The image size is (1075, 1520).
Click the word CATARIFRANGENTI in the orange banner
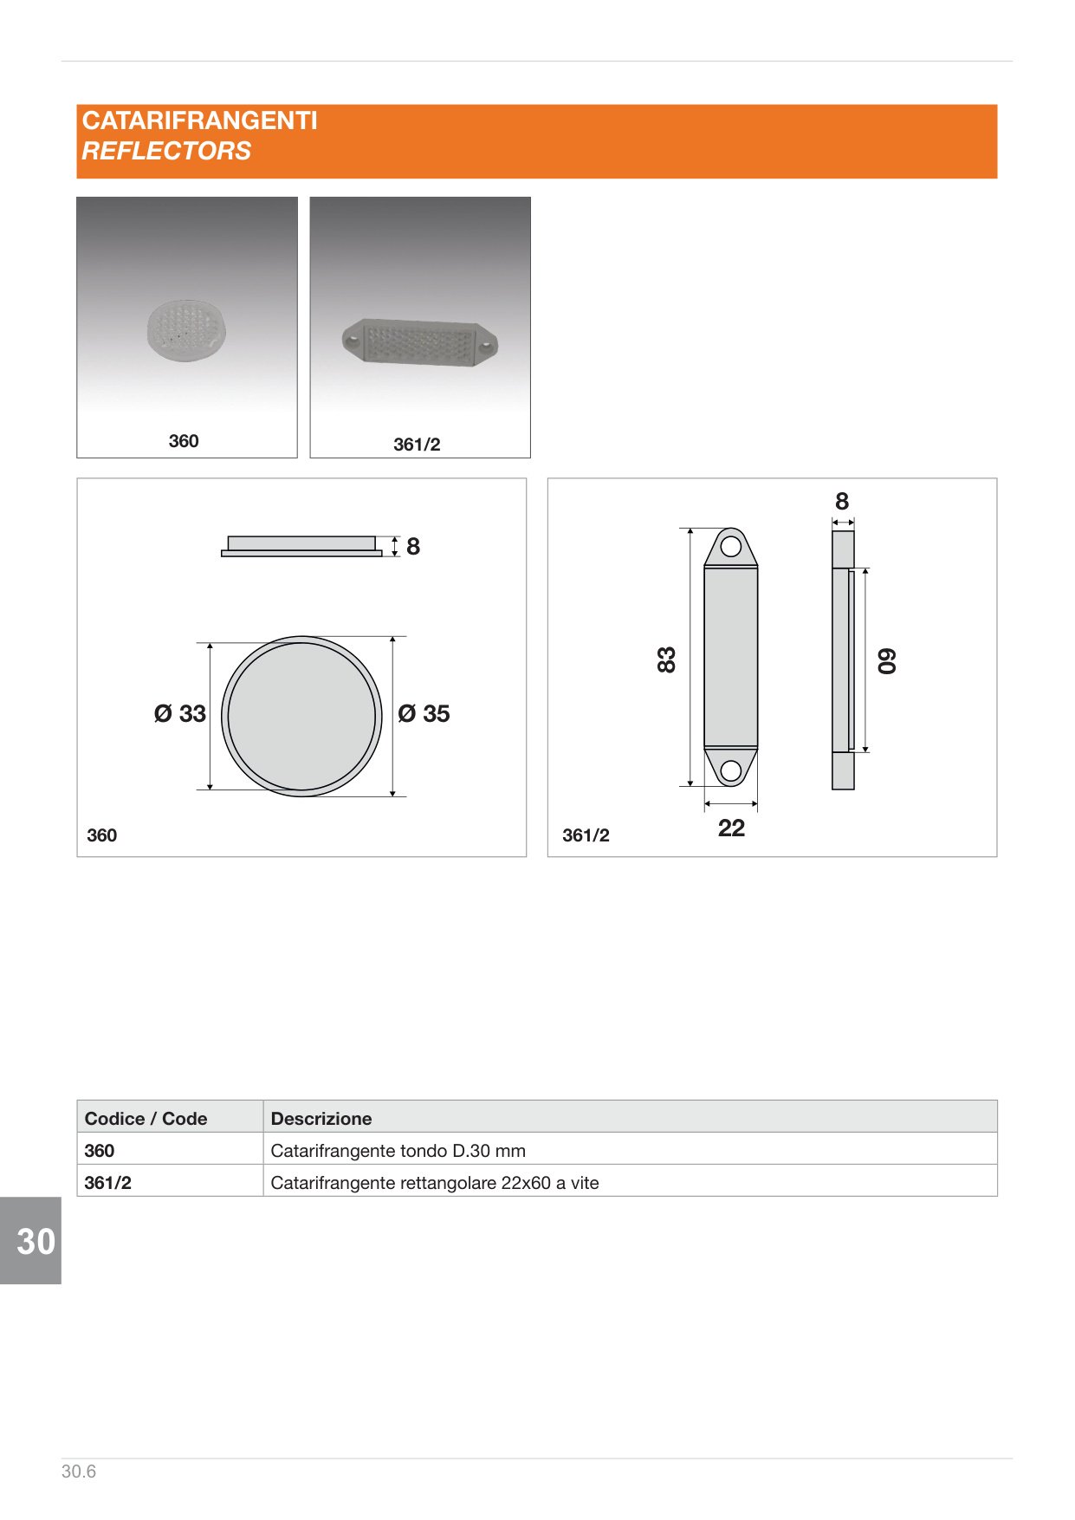(200, 120)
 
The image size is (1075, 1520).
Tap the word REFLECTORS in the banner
(166, 151)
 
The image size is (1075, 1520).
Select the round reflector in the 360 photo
(187, 329)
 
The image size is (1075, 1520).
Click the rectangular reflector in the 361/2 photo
(420, 341)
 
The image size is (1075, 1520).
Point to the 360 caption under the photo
(184, 441)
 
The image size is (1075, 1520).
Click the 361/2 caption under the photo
(417, 445)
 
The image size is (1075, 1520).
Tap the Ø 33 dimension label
(180, 714)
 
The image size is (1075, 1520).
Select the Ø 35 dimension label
(424, 714)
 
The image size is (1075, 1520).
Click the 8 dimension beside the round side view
(413, 547)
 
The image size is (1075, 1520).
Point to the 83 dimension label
(666, 659)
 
